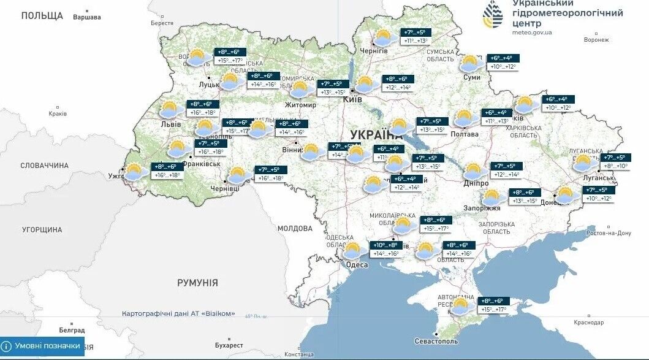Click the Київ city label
[x=352, y=99]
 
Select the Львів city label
[x=170, y=124]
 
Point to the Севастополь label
[x=436, y=340]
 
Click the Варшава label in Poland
[x=86, y=17]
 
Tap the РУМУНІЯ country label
[x=197, y=283]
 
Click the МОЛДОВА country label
[x=295, y=228]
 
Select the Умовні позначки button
[x=42, y=346]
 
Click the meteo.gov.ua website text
[x=531, y=33]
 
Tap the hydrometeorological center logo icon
[x=493, y=14]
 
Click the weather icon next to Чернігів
[x=384, y=38]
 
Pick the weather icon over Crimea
[x=462, y=305]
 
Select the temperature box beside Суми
[x=503, y=62]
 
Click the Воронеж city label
[x=596, y=40]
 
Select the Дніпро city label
[x=476, y=183]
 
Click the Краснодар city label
[x=589, y=323]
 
